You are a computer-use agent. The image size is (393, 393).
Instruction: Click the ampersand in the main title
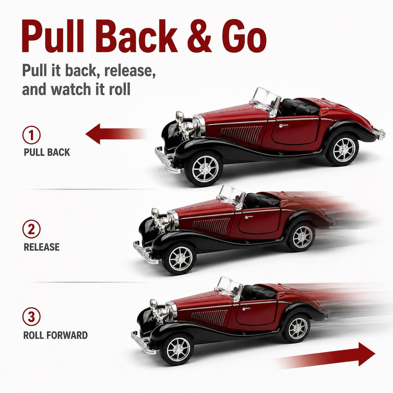(x=199, y=36)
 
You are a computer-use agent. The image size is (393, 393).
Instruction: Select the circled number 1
(x=31, y=135)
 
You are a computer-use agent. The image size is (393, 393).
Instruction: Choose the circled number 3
(x=31, y=317)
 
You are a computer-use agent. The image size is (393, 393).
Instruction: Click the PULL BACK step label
(x=47, y=152)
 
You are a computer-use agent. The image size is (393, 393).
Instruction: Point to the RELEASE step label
(x=42, y=247)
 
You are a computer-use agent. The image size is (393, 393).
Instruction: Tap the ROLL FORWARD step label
(x=55, y=335)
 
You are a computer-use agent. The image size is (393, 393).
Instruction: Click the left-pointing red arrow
(x=116, y=134)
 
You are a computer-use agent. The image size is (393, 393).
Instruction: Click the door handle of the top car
(x=284, y=125)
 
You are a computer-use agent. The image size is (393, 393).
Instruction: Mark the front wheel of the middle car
(x=179, y=258)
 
